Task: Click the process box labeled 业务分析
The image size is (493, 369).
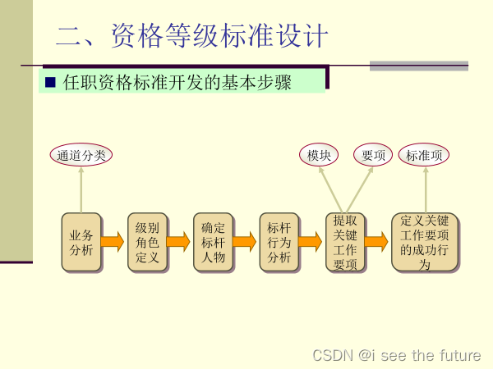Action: (x=81, y=242)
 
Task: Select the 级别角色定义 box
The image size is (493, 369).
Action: (x=147, y=242)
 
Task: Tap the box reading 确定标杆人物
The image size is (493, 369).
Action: (x=213, y=242)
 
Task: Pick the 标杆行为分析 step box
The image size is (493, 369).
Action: (x=279, y=242)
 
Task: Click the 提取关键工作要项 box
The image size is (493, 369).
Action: (x=345, y=242)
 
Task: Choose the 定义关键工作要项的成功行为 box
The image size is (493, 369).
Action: (x=425, y=242)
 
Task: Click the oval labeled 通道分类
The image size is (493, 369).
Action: (x=81, y=154)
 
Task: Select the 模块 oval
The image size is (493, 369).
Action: (x=319, y=154)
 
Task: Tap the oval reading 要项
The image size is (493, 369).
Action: (x=373, y=154)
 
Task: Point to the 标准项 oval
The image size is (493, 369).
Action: (x=425, y=154)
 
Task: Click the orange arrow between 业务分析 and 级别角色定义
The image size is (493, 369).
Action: (x=113, y=241)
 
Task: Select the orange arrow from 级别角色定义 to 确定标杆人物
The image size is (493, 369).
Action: (x=179, y=241)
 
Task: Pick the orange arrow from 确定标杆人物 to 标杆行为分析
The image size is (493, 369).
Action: (x=245, y=241)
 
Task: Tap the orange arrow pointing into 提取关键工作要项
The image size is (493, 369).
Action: (x=311, y=241)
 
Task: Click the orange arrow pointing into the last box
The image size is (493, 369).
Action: (x=377, y=241)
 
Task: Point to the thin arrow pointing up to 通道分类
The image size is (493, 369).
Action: (x=81, y=189)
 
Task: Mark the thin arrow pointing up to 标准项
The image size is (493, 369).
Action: (x=425, y=189)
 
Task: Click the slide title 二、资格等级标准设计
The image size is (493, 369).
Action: (x=192, y=36)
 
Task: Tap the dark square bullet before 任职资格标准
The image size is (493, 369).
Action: (x=50, y=82)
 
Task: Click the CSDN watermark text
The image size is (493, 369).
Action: (x=397, y=355)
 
